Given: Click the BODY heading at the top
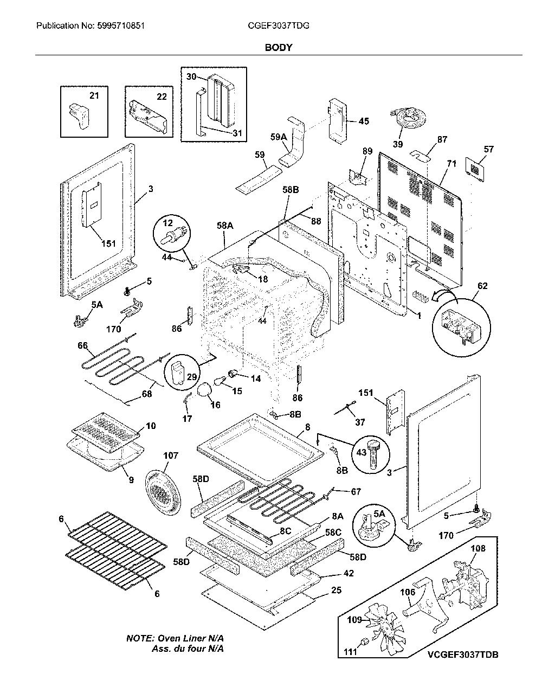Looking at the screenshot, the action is [279, 48].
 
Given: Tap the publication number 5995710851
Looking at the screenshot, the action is [120, 25].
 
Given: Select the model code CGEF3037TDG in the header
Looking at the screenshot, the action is [279, 25].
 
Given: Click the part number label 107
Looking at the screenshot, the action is [171, 455].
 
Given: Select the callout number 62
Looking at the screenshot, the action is [482, 286].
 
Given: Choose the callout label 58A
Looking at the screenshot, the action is [225, 226].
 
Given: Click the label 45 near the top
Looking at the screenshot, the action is [364, 121].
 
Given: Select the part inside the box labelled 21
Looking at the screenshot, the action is [79, 116].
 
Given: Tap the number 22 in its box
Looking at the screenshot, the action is [162, 97].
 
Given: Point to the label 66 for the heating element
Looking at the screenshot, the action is [82, 345].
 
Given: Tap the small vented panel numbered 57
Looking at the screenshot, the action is [475, 168].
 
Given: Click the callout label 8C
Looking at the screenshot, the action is [286, 530].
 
